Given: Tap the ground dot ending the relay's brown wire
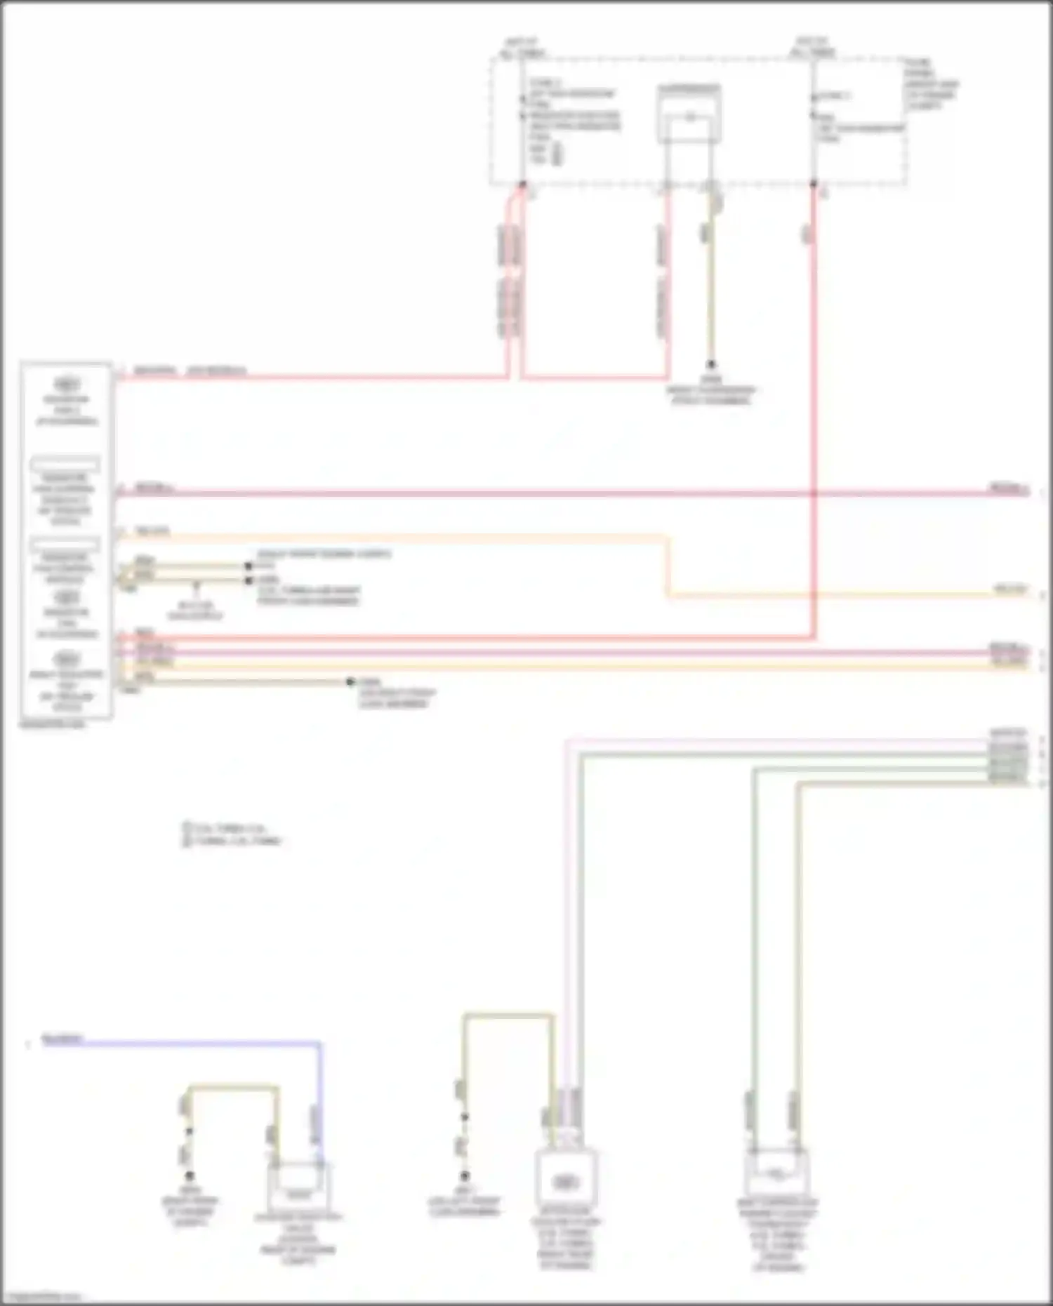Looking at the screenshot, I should [x=710, y=364].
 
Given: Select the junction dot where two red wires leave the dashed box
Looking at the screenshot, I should [x=522, y=185].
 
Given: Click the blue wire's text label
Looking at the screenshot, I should [x=62, y=1039].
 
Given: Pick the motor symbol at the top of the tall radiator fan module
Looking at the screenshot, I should [x=66, y=385].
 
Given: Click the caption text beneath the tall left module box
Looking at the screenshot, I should [x=53, y=724].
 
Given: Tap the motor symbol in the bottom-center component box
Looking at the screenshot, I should [x=565, y=1182].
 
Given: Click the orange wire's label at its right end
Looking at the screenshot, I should [x=1009, y=589].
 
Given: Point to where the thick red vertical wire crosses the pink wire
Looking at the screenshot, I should [x=814, y=493].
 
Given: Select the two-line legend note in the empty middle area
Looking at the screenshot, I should [x=232, y=834].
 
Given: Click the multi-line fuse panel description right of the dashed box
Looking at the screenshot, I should [x=931, y=84].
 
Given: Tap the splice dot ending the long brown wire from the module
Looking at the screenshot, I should [x=350, y=681].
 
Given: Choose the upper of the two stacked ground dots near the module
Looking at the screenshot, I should [x=248, y=566].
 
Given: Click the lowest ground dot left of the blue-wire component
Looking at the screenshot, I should [x=189, y=1175].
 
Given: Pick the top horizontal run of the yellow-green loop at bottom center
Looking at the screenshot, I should [x=508, y=1015].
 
